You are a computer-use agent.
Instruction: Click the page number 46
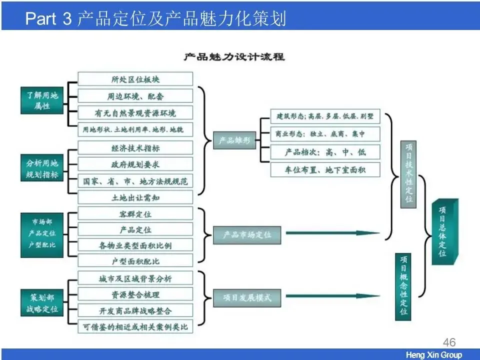click(x=449, y=342)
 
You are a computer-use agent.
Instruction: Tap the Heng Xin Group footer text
click(x=433, y=355)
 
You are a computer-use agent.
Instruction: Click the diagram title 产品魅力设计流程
click(x=234, y=57)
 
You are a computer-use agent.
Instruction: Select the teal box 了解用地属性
click(x=42, y=100)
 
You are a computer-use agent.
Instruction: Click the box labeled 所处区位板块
click(x=135, y=79)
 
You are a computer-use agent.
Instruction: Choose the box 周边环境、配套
click(x=135, y=95)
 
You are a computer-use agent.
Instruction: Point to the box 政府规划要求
click(x=135, y=164)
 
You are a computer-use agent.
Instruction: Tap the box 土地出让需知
click(x=135, y=197)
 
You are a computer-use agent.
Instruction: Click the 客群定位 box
click(x=135, y=214)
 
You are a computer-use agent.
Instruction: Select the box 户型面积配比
click(x=135, y=261)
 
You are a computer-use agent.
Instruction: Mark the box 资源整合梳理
click(x=135, y=294)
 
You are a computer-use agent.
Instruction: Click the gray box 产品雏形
click(x=234, y=140)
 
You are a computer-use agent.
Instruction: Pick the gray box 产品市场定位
click(x=247, y=234)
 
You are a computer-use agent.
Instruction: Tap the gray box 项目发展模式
click(x=247, y=297)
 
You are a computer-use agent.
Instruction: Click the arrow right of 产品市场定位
click(x=332, y=233)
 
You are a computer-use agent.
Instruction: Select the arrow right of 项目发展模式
click(x=332, y=296)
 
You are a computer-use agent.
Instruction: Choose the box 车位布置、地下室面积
click(x=325, y=169)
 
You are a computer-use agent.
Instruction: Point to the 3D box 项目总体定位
click(x=443, y=231)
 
